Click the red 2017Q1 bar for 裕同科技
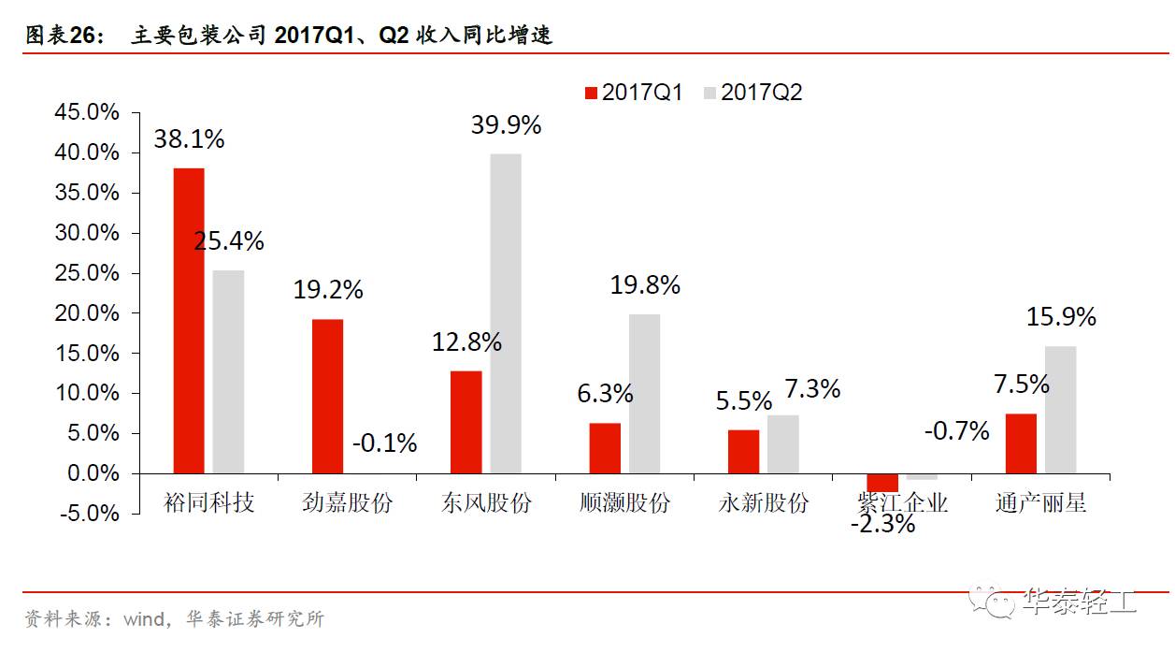pos(188,320)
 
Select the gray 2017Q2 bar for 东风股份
pos(506,313)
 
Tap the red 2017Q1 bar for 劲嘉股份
pos(327,396)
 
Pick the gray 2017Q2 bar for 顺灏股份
pos(644,394)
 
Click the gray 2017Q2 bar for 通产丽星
pos(1060,410)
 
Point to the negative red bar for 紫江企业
pos(882,483)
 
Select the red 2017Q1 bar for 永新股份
pos(743,451)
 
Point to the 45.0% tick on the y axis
pos(88,112)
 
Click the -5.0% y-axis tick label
pos(88,514)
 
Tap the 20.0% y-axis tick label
pos(88,313)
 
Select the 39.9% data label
pos(506,125)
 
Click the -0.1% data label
pos(384,443)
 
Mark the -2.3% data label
pos(882,524)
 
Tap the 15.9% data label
pos(1060,318)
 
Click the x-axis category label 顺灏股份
pos(624,502)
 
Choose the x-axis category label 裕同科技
pos(208,502)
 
